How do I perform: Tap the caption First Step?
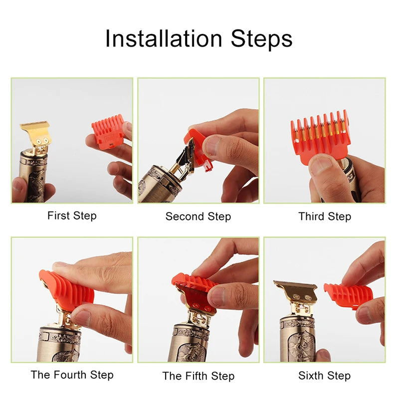point(72,216)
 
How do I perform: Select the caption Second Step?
point(198,216)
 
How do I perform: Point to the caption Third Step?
point(325,216)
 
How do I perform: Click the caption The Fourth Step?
point(72,375)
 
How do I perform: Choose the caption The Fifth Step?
point(198,375)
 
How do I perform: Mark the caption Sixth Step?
point(324,375)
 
